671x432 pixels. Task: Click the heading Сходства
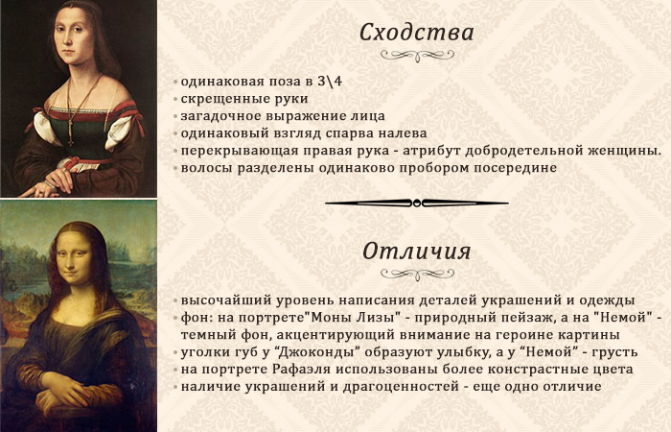pos(416,33)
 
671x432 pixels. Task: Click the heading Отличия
pos(416,252)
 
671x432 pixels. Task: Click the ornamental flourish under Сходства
pos(416,57)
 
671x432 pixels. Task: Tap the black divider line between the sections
pos(416,202)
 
